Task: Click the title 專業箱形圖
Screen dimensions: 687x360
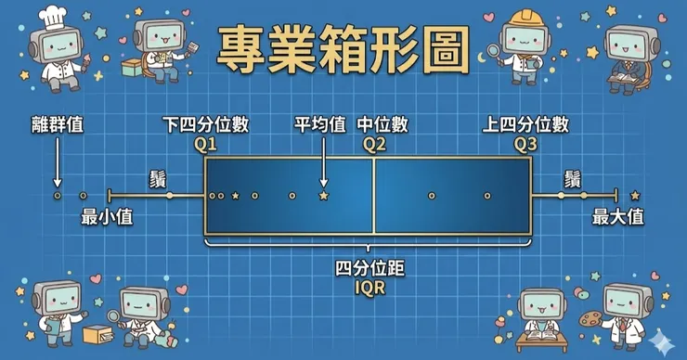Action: pyautogui.click(x=343, y=49)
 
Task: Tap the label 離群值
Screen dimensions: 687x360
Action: pyautogui.click(x=58, y=125)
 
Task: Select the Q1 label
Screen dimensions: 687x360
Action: pyautogui.click(x=205, y=145)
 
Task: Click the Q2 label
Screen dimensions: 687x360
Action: pyautogui.click(x=374, y=145)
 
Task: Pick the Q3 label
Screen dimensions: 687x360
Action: pyautogui.click(x=525, y=145)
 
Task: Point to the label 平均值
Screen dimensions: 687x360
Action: pyautogui.click(x=320, y=125)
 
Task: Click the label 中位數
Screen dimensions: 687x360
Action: pyautogui.click(x=382, y=125)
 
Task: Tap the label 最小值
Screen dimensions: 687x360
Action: pyautogui.click(x=107, y=217)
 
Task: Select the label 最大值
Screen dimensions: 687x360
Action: pyautogui.click(x=617, y=217)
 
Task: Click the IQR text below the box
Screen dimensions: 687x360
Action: pyautogui.click(x=370, y=289)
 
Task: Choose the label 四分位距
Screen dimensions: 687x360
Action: pyautogui.click(x=370, y=268)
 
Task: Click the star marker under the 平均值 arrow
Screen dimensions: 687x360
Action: pyautogui.click(x=324, y=196)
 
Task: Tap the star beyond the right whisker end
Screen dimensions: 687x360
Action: pyautogui.click(x=635, y=196)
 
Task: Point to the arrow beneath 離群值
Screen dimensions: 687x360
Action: pyautogui.click(x=58, y=162)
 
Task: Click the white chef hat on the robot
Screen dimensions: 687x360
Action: pyautogui.click(x=53, y=19)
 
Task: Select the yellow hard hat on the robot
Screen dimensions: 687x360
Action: pyautogui.click(x=526, y=18)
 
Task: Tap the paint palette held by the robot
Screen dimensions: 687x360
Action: pyautogui.click(x=590, y=318)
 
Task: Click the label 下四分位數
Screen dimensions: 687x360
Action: pyautogui.click(x=205, y=125)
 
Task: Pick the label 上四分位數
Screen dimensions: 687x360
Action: pyautogui.click(x=525, y=125)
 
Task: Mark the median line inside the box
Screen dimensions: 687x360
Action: pyautogui.click(x=374, y=196)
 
